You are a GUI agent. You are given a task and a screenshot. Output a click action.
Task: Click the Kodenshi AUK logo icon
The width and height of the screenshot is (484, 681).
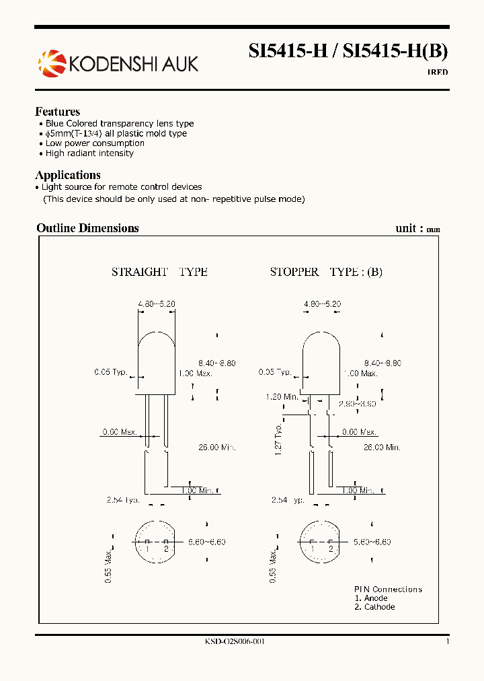click(52, 63)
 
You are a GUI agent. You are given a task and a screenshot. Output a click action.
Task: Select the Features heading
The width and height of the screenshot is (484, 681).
click(58, 112)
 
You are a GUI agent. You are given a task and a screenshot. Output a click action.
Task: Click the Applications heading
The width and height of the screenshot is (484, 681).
click(68, 175)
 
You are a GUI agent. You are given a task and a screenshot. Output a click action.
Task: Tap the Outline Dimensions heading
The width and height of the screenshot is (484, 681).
click(87, 228)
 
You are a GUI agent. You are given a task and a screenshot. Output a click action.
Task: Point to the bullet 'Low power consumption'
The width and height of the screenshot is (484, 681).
click(95, 143)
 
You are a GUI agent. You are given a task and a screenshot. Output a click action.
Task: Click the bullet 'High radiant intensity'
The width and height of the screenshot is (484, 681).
click(89, 153)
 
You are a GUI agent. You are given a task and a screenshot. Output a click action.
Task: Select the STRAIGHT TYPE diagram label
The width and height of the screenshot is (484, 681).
click(159, 272)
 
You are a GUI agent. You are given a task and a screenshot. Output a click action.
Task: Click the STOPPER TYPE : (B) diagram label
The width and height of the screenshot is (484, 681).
click(326, 272)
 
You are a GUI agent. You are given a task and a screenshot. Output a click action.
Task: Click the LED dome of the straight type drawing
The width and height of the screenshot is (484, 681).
click(157, 350)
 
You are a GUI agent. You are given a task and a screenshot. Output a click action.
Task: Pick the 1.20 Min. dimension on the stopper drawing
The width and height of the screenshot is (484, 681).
click(281, 397)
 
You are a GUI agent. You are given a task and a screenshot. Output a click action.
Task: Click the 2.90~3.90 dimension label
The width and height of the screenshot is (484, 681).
click(357, 404)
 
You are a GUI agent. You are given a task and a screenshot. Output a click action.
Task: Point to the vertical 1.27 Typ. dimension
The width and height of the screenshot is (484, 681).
click(277, 439)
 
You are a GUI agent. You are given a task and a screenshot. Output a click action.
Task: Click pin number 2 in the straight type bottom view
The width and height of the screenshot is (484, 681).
click(166, 549)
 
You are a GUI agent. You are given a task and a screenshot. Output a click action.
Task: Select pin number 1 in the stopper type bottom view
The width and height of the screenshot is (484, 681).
click(312, 549)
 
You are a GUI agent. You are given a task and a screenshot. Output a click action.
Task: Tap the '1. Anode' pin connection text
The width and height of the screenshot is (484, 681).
click(371, 598)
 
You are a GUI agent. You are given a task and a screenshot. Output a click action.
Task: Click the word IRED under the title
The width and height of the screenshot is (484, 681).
click(438, 72)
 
